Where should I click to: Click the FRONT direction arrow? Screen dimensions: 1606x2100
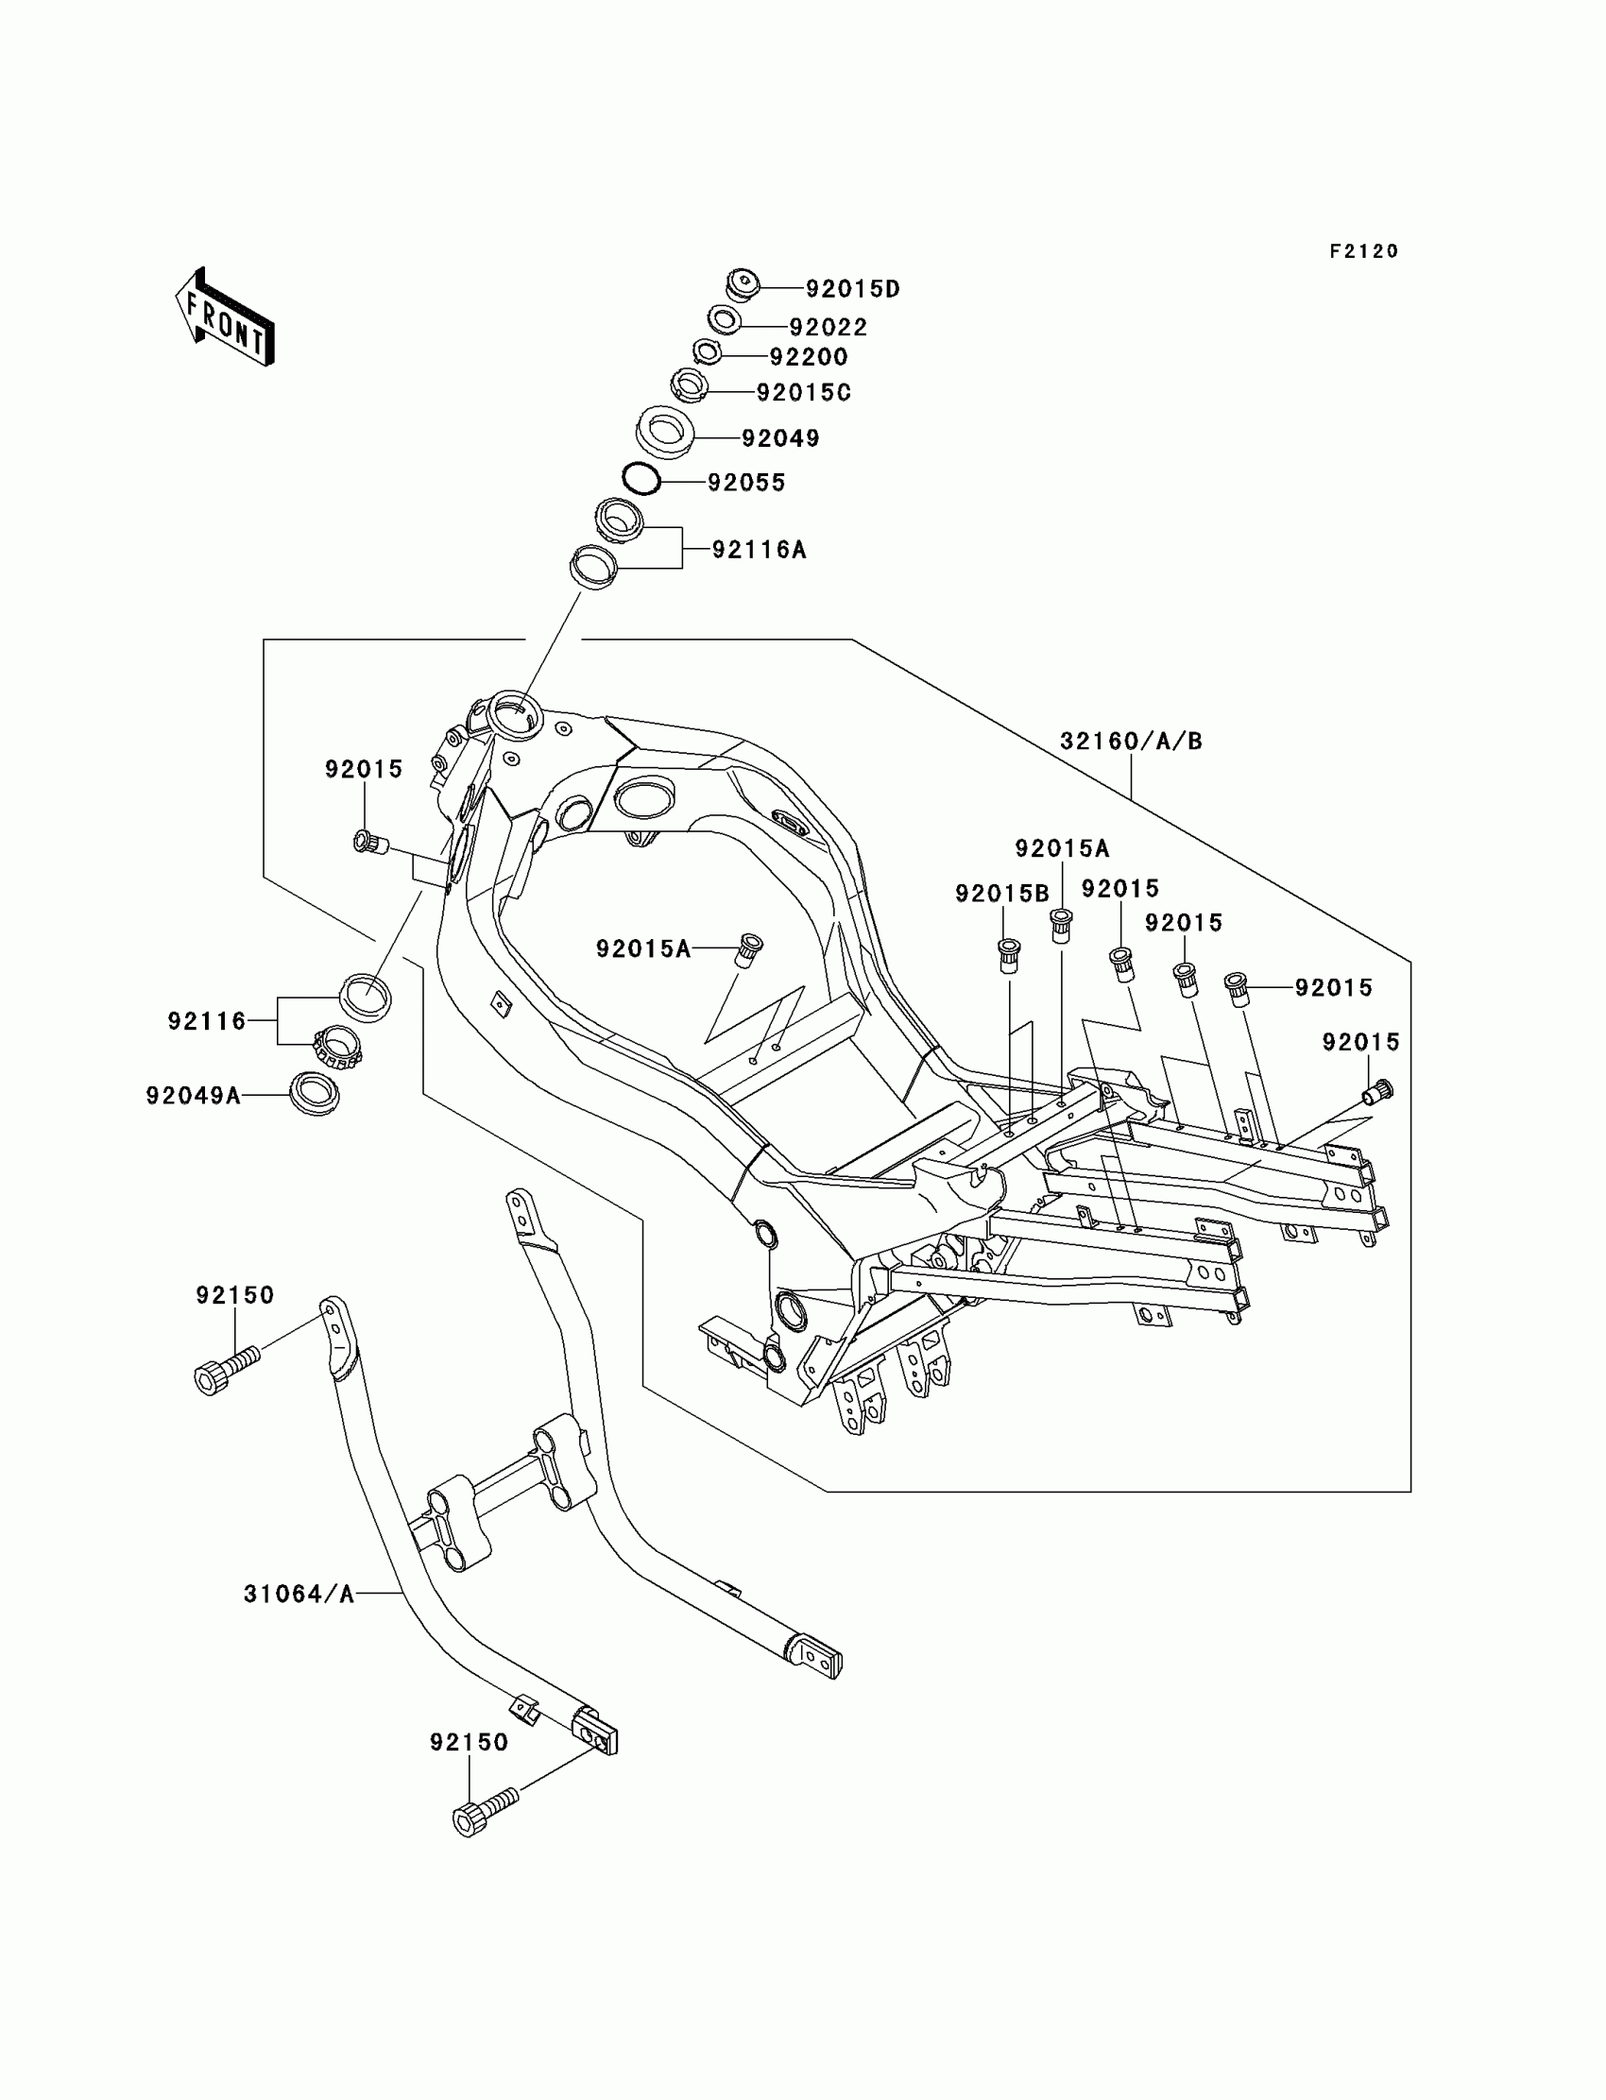pyautogui.click(x=226, y=318)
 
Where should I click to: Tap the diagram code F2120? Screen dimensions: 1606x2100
pyautogui.click(x=1364, y=251)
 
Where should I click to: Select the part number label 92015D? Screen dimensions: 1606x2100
pyautogui.click(x=853, y=289)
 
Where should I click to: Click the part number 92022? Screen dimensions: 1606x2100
pyautogui.click(x=828, y=327)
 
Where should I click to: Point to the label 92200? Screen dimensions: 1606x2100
pyautogui.click(x=809, y=356)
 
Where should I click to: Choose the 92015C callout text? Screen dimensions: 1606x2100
pyautogui.click(x=803, y=393)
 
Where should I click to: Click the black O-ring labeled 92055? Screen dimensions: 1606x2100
pyautogui.click(x=641, y=479)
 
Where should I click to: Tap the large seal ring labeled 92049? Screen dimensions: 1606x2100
pyautogui.click(x=665, y=432)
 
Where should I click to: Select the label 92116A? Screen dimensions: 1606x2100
pyautogui.click(x=759, y=550)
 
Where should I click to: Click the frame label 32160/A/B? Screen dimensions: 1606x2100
pyautogui.click(x=1131, y=741)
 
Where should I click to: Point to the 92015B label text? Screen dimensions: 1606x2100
pyautogui.click(x=1001, y=894)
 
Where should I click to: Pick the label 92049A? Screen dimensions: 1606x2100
pyautogui.click(x=193, y=1096)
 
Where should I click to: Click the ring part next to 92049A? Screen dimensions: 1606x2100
pyautogui.click(x=315, y=1093)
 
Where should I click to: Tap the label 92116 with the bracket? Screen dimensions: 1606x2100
pyautogui.click(x=207, y=1021)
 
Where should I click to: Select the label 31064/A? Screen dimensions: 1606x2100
pyautogui.click(x=299, y=1594)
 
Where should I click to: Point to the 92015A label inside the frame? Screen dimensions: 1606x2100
pyautogui.click(x=642, y=948)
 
